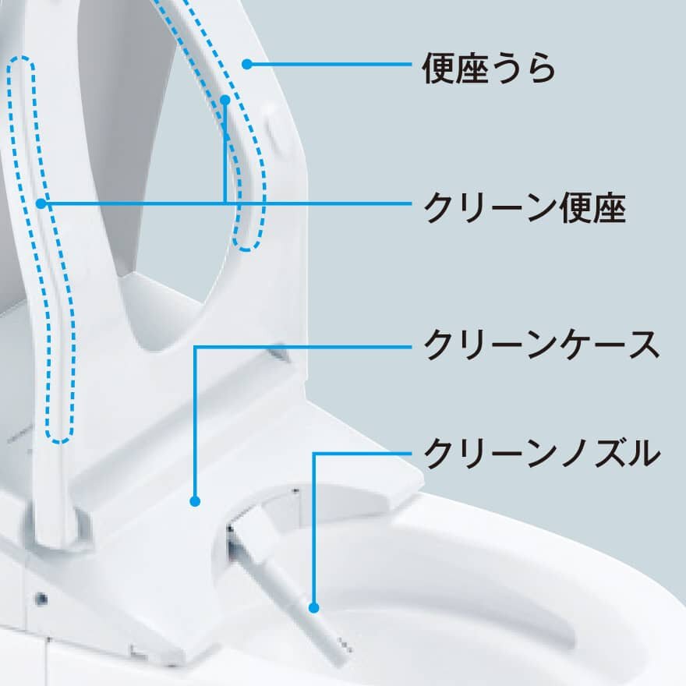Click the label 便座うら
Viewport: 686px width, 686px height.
489,67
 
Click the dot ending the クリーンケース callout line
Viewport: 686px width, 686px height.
195,501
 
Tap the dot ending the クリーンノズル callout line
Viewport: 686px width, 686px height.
313,606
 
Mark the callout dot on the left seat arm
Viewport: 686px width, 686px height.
42,203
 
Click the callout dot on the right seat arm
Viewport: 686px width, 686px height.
225,100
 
